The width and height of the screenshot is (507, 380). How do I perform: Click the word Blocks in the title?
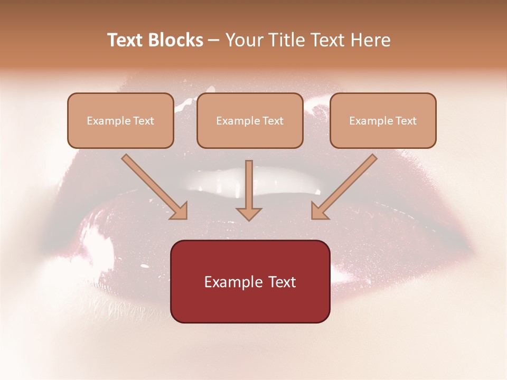coord(176,40)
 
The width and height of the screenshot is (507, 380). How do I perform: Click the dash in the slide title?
coord(214,40)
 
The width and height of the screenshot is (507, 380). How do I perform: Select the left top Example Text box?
coord(120,121)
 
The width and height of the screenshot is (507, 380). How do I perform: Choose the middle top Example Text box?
coord(250,121)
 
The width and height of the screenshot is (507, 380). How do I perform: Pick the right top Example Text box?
coord(383,121)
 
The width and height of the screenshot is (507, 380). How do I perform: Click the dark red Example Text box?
coord(250,282)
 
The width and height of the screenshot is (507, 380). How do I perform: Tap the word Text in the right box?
coord(406,121)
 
